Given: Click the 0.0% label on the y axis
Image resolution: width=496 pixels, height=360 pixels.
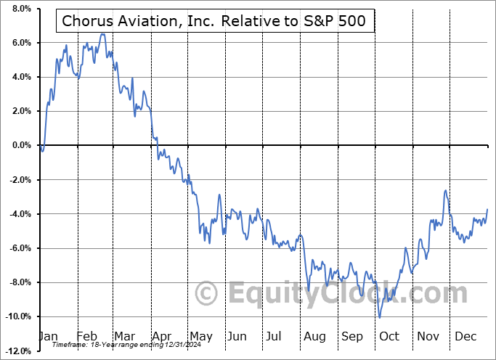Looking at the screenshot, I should (20, 145).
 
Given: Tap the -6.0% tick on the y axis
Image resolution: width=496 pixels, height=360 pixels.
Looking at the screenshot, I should (18, 248).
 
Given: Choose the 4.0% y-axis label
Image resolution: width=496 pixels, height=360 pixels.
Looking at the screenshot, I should (20, 77).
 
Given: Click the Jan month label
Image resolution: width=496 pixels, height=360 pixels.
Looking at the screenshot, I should (49, 337).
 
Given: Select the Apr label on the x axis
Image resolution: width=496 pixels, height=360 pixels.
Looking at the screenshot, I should (161, 337).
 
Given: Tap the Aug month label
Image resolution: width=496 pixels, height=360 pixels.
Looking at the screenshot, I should (314, 337).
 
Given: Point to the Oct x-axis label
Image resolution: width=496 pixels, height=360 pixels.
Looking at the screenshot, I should (389, 337).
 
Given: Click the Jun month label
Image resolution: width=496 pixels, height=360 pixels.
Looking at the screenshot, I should (237, 337).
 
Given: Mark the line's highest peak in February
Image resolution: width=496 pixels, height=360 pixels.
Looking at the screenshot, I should (102, 34).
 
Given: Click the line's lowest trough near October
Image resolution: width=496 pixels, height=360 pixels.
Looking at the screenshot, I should (379, 317).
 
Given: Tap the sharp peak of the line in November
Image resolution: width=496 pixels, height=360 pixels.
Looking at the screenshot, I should (445, 190).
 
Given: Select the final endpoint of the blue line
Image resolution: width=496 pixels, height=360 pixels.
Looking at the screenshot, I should (487, 209).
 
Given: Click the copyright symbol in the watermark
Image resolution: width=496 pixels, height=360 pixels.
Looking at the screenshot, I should (208, 295).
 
